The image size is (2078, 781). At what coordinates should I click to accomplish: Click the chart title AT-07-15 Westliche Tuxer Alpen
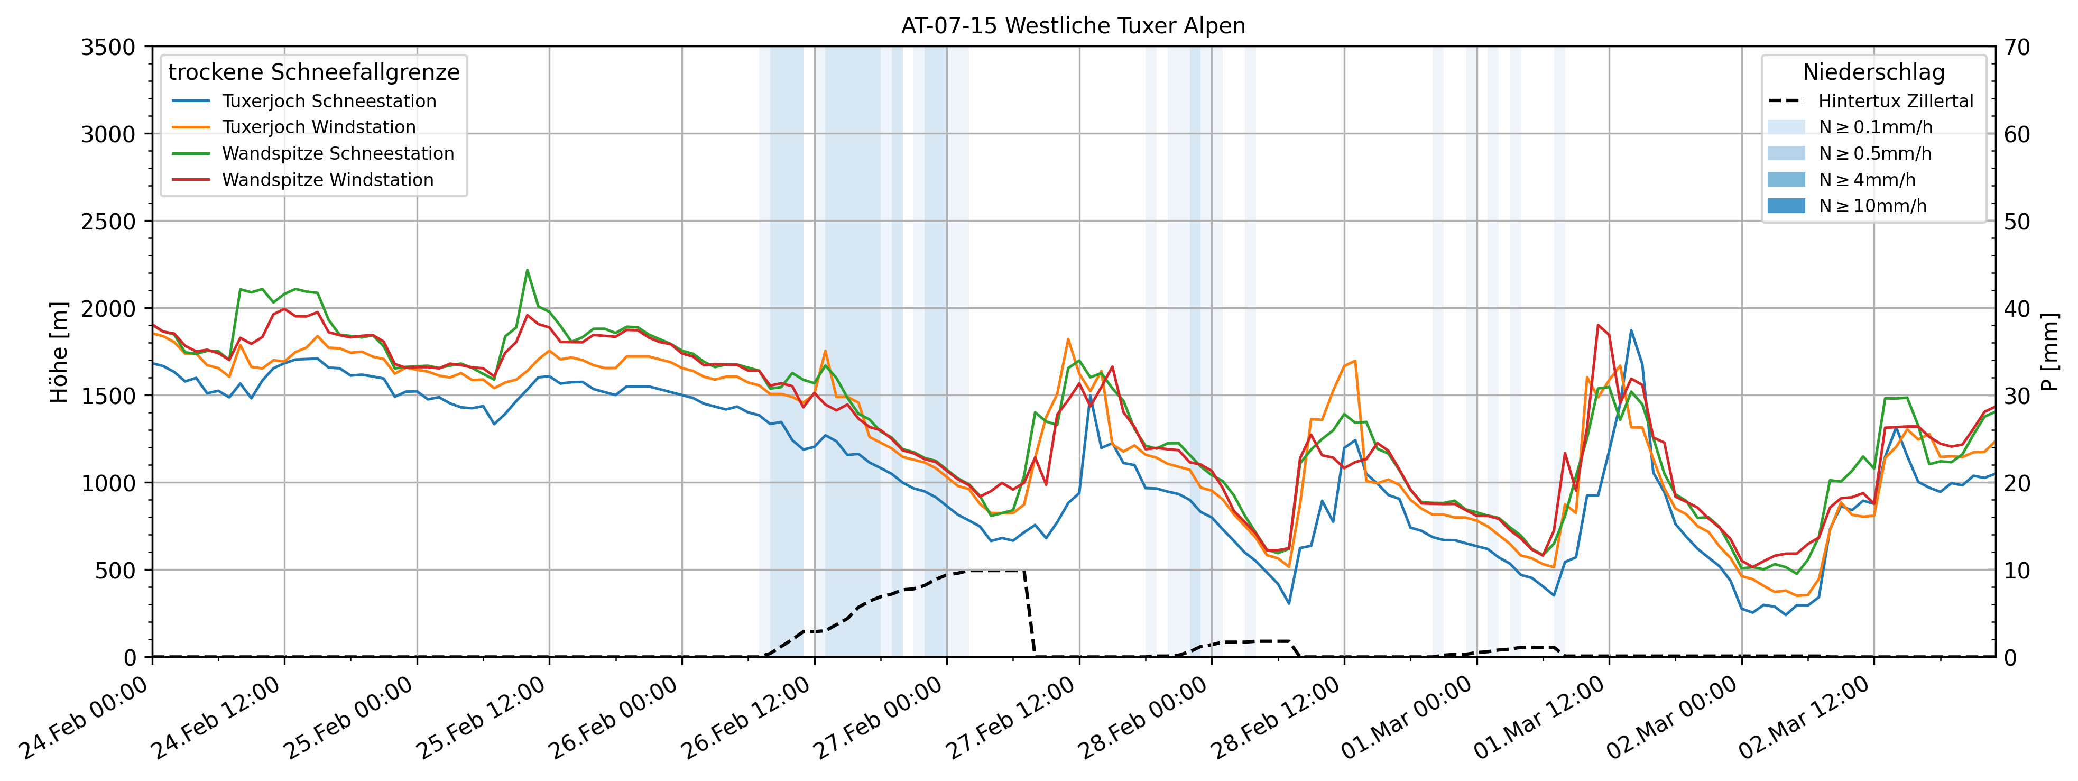point(1073,26)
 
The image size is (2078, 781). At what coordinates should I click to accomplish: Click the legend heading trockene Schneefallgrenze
point(314,72)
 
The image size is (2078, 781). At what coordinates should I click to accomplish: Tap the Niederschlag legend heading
point(1873,72)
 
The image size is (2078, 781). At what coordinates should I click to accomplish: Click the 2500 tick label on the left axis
point(107,221)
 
